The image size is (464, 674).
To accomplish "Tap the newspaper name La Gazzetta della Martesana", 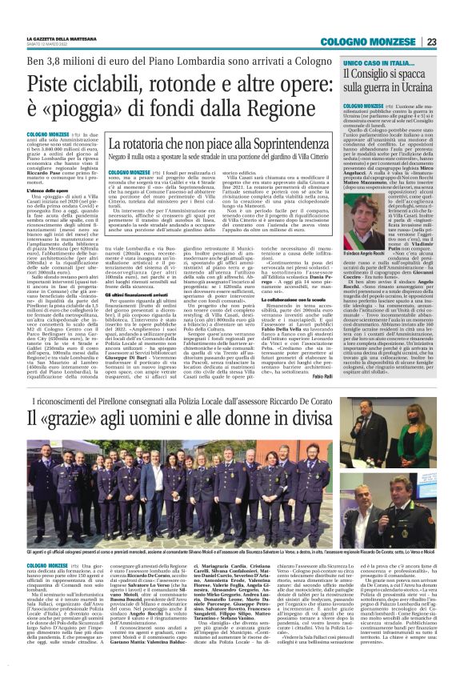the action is click(x=64, y=38).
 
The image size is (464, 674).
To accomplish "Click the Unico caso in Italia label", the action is click(x=373, y=62).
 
